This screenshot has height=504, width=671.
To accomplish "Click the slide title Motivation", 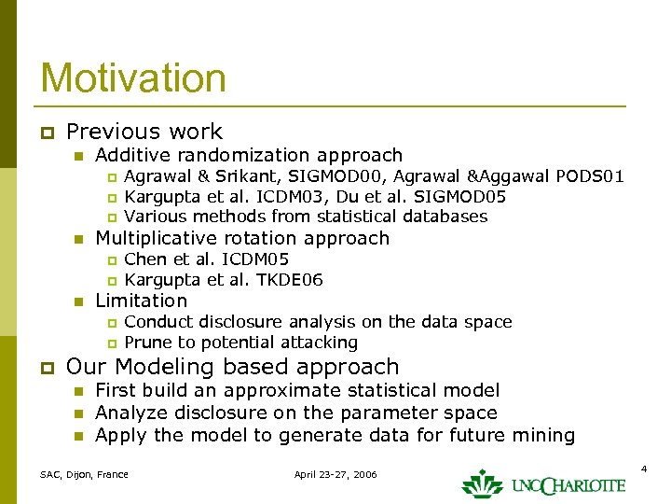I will point(133,77).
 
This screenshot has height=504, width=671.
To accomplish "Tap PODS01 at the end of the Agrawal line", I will point(589,176).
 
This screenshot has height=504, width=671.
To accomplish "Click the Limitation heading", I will point(142,301).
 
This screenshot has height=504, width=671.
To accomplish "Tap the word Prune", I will point(148,343).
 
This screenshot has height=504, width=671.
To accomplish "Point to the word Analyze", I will point(130,413).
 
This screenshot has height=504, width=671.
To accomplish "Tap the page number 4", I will point(643,466).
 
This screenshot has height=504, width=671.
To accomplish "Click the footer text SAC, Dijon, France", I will point(84,475).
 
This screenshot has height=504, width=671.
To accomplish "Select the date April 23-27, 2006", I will point(335,475).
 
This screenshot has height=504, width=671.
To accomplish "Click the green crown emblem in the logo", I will point(482,483).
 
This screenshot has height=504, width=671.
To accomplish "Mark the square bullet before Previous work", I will point(46,133).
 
